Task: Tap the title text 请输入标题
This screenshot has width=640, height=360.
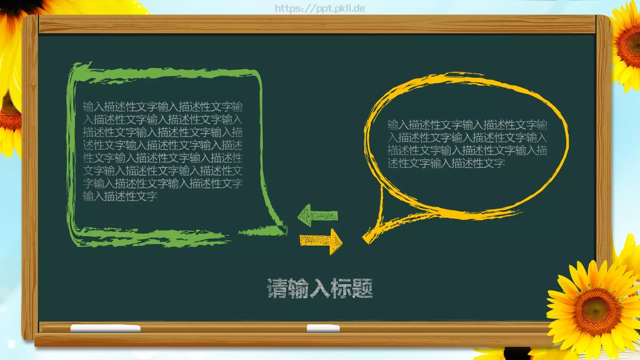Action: point(320,288)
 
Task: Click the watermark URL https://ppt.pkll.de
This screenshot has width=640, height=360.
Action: point(320,8)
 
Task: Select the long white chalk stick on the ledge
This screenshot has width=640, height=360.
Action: point(105,329)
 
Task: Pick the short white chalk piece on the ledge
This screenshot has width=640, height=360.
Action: point(323,329)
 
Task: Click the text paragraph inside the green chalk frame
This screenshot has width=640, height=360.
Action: point(162,151)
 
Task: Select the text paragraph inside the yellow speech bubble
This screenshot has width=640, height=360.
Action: point(467,144)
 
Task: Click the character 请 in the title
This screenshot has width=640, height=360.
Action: point(277,288)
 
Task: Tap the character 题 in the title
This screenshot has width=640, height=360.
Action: point(362,288)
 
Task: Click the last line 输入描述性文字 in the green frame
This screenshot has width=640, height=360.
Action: point(120,196)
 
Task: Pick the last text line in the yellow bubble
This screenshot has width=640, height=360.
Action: point(446,163)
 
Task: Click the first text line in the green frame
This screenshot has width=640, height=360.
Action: point(162,107)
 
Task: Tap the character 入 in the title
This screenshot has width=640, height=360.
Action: point(320,288)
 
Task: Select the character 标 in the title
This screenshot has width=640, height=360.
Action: point(341,288)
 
